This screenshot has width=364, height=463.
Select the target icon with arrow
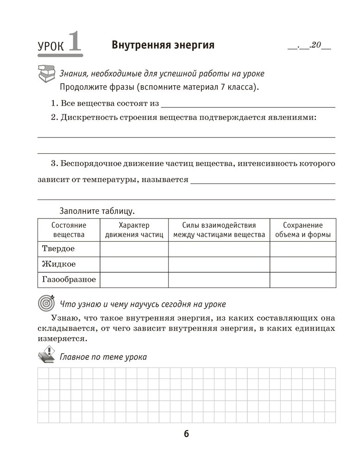[46, 303]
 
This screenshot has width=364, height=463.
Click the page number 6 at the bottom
[186, 434]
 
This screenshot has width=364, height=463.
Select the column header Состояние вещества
[69, 230]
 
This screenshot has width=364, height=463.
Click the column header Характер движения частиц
[134, 230]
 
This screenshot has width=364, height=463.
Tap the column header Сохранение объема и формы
[303, 230]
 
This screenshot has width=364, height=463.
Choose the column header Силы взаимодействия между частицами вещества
[219, 230]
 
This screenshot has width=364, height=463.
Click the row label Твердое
[58, 249]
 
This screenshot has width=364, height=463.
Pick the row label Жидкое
[59, 264]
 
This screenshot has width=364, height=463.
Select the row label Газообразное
[69, 279]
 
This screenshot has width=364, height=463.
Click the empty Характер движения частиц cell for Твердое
[134, 249]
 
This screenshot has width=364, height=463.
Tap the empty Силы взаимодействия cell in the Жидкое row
[219, 264]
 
